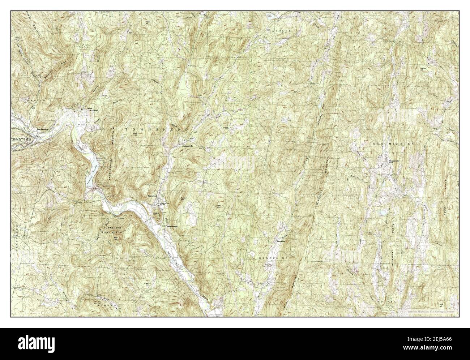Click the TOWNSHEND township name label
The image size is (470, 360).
157,129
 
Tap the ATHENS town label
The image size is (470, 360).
282,31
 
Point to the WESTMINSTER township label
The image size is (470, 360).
392,143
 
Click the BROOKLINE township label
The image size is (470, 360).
273,258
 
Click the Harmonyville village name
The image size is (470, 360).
172,226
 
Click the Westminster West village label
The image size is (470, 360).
396,161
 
